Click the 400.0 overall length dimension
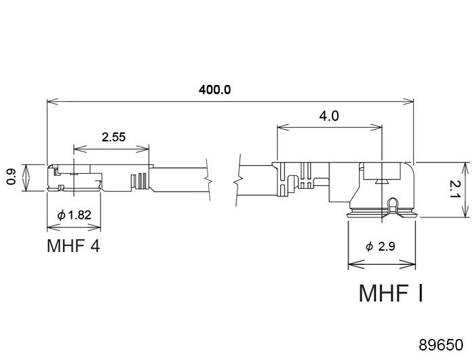click(x=215, y=90)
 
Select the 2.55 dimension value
click(x=113, y=137)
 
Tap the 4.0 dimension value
click(x=329, y=115)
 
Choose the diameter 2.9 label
click(x=380, y=247)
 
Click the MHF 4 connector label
click(x=73, y=245)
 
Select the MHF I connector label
click(x=391, y=293)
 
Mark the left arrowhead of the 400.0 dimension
click(x=50, y=103)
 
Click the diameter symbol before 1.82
click(x=62, y=215)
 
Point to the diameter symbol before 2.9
click(x=369, y=247)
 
